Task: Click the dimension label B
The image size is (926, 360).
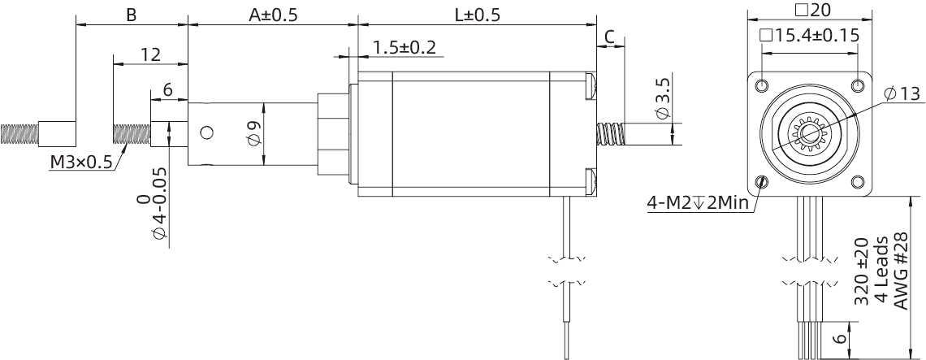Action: tap(131, 15)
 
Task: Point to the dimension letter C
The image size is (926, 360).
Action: tap(610, 36)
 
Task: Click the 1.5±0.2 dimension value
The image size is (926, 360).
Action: tap(404, 48)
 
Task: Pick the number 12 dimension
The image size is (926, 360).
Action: tap(150, 54)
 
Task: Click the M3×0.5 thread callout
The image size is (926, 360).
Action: tap(81, 162)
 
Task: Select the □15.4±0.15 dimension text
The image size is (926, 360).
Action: tap(809, 37)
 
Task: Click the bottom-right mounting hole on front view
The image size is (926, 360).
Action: tap(858, 181)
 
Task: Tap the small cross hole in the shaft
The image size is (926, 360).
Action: tap(206, 132)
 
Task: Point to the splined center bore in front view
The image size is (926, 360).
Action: tap(809, 133)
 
